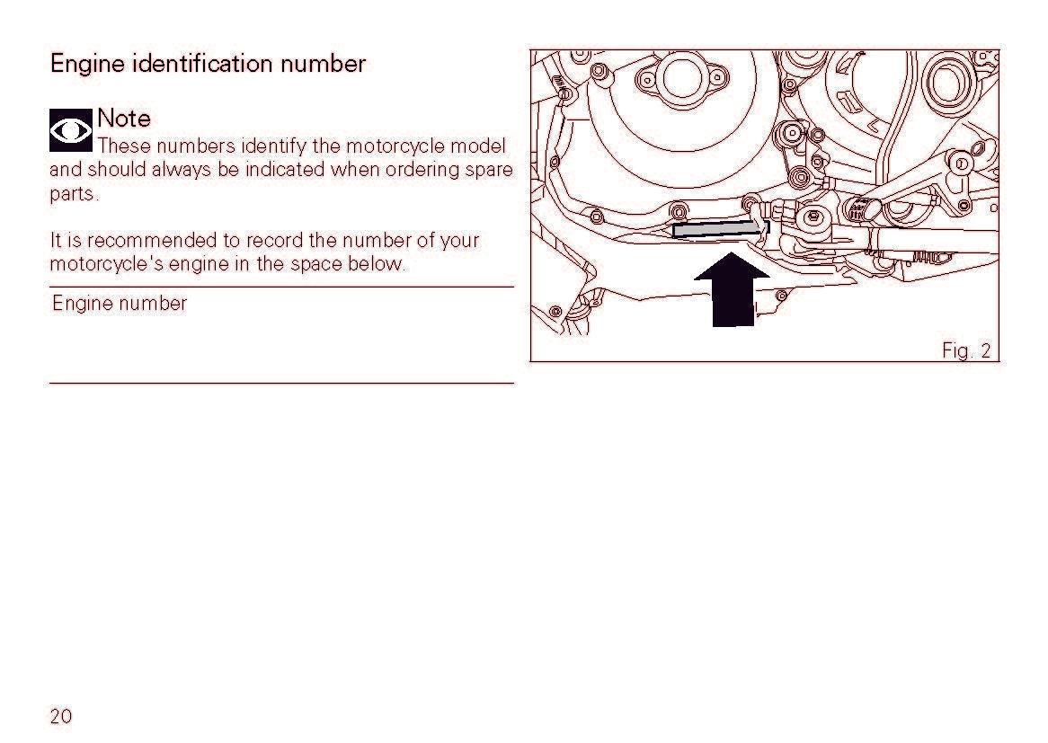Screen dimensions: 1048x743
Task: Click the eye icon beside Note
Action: pyautogui.click(x=71, y=129)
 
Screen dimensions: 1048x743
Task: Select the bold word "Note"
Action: pyautogui.click(x=124, y=119)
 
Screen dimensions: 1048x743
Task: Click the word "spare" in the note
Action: pyautogui.click(x=489, y=171)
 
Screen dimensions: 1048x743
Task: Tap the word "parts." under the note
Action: pyautogui.click(x=75, y=194)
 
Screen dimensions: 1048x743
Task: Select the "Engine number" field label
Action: pyautogui.click(x=120, y=304)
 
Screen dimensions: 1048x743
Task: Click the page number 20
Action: pyautogui.click(x=61, y=716)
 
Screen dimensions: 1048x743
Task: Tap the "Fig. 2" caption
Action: pyautogui.click(x=966, y=350)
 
